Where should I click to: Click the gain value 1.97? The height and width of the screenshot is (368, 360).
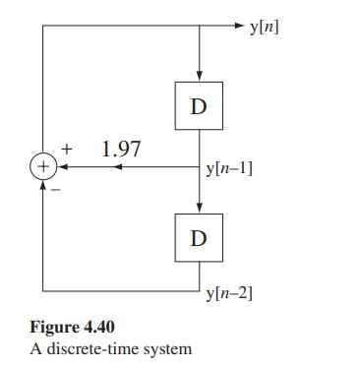tap(122, 150)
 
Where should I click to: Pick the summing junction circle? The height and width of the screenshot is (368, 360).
tap(42, 167)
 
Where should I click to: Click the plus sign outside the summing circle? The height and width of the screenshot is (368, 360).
tap(68, 150)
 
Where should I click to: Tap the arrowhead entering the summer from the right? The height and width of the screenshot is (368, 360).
tap(60, 167)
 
